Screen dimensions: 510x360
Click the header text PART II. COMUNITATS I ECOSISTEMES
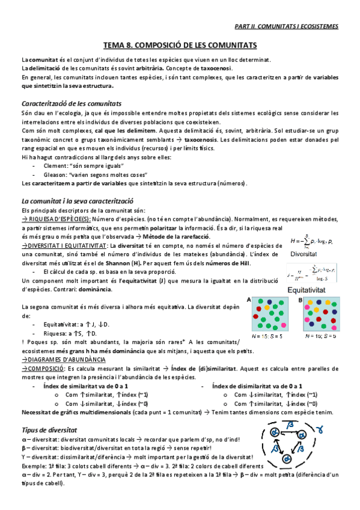285,26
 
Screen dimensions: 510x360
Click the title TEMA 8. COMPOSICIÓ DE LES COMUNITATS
180,45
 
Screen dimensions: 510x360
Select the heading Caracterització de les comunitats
72,103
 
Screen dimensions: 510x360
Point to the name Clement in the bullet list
55,165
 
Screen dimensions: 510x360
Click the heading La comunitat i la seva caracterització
77,200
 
